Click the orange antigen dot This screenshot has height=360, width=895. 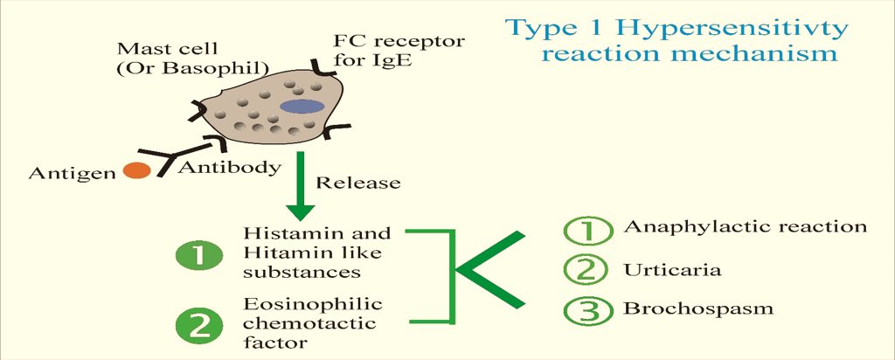point(135,170)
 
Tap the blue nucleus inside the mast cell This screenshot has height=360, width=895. point(302,107)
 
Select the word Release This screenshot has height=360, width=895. point(357,183)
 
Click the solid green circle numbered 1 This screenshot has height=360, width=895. point(202,256)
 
